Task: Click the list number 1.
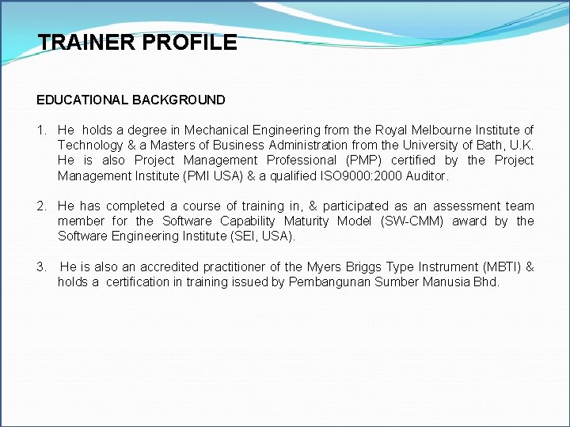coord(40,130)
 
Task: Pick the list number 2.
coord(40,206)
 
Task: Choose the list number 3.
coord(40,267)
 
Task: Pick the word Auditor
coord(427,176)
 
